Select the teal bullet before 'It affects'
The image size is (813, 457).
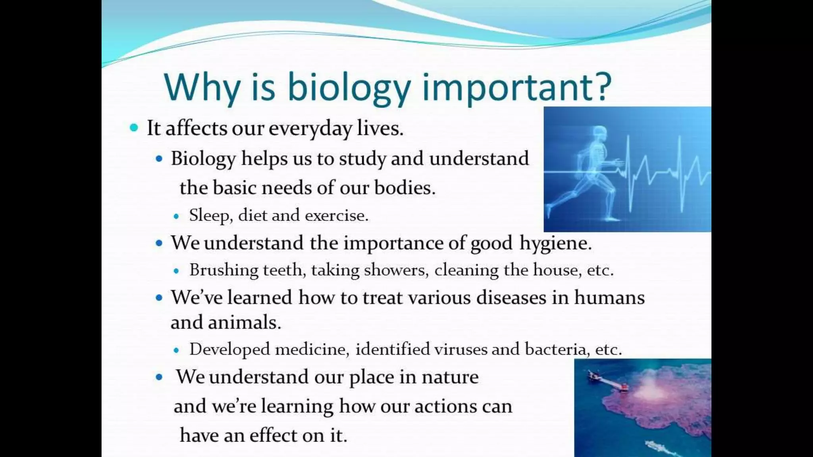[x=134, y=128]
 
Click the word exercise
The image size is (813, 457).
[x=337, y=215]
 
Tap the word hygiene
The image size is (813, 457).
[x=555, y=243]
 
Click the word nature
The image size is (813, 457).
[x=450, y=377]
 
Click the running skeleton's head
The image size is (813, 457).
[x=599, y=133]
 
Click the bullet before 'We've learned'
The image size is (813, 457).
[x=159, y=298]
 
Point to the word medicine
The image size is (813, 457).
[x=312, y=349]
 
